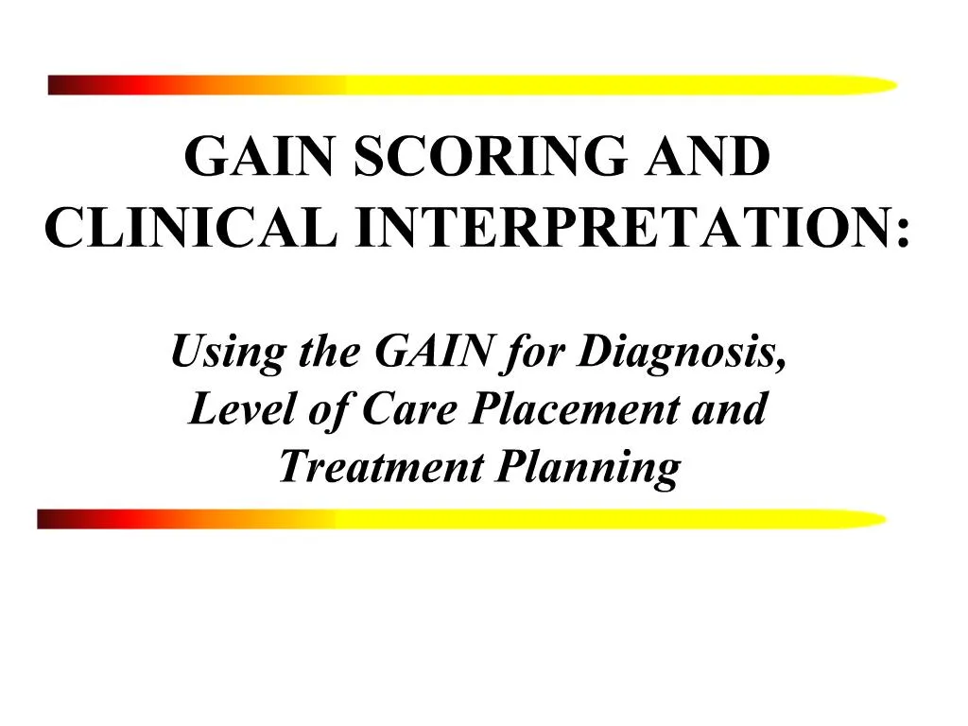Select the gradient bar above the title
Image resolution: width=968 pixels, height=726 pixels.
pyautogui.click(x=473, y=85)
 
